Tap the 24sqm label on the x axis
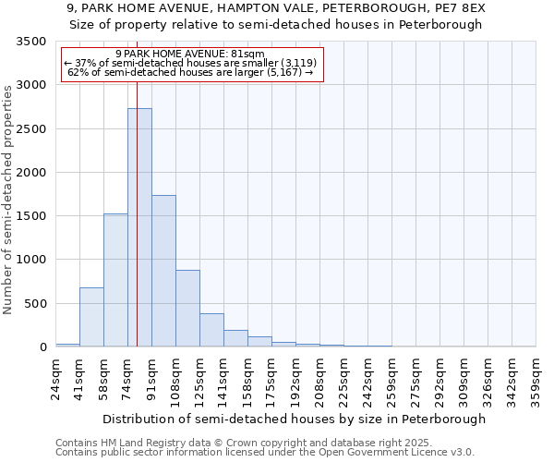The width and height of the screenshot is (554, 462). (x=56, y=376)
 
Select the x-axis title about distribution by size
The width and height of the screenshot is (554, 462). (x=294, y=419)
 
